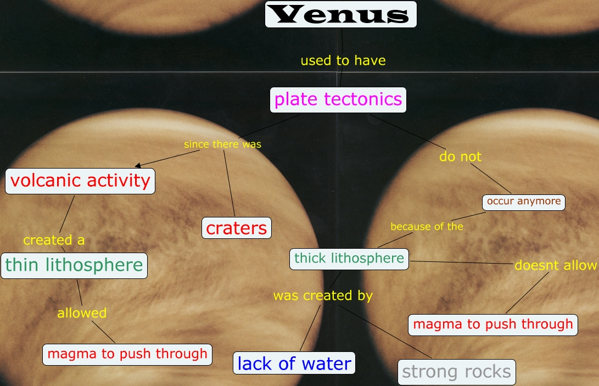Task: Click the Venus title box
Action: tap(340, 14)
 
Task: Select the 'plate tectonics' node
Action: tap(338, 100)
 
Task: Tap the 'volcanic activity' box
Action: tap(80, 181)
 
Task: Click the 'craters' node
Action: tap(237, 228)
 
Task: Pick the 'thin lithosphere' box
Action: tap(74, 265)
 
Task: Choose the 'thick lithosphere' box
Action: tap(349, 258)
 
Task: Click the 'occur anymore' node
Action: tap(524, 202)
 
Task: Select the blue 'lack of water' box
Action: tap(294, 363)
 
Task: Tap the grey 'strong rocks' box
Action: tap(457, 372)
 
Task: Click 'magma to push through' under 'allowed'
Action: tap(127, 354)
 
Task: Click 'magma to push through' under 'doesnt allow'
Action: tap(493, 324)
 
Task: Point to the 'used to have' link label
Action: tap(343, 60)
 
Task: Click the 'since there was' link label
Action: tap(222, 144)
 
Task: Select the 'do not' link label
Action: tap(460, 156)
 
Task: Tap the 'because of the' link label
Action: tap(427, 226)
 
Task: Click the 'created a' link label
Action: tap(54, 240)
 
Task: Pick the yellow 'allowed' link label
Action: tap(82, 313)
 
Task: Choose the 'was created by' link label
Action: tap(323, 295)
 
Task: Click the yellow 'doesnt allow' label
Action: tap(556, 266)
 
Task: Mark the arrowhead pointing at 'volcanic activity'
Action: tap(137, 165)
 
